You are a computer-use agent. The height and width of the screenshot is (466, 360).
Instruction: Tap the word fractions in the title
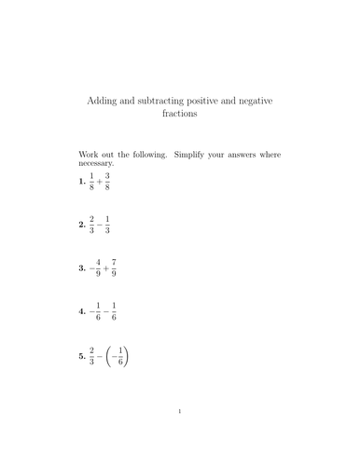[x=180, y=113]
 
